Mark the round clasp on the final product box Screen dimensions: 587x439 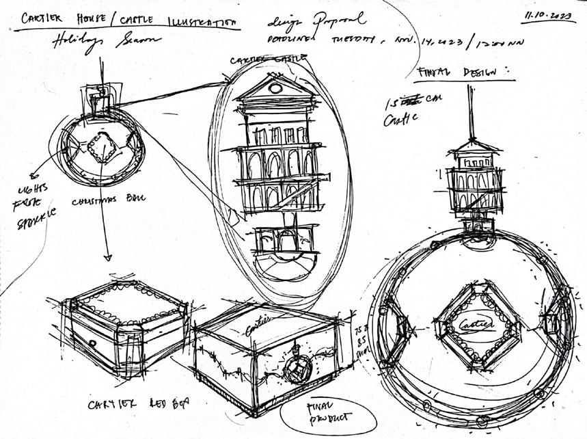tap(299, 369)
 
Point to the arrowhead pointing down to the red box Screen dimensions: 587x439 tap(107, 258)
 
